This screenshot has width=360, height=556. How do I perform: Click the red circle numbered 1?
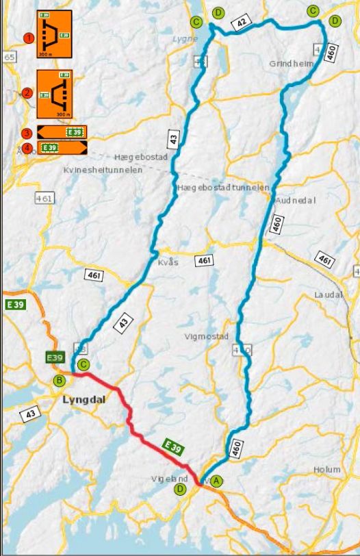click(x=28, y=38)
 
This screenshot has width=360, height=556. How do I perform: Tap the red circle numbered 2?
click(x=27, y=92)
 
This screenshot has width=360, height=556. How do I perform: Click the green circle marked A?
click(x=217, y=481)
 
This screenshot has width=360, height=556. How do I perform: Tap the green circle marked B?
click(x=60, y=380)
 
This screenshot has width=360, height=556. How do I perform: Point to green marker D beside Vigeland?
click(x=180, y=489)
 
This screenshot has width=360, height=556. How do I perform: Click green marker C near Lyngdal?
click(x=83, y=364)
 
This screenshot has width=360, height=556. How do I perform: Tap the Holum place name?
click(x=327, y=470)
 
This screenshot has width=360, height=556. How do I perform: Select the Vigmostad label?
click(x=207, y=337)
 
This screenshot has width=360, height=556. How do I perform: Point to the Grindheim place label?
click(x=291, y=64)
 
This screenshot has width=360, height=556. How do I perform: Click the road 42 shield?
click(x=240, y=23)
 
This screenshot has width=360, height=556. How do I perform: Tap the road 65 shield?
click(x=10, y=58)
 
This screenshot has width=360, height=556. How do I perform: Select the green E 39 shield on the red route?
click(x=175, y=446)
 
